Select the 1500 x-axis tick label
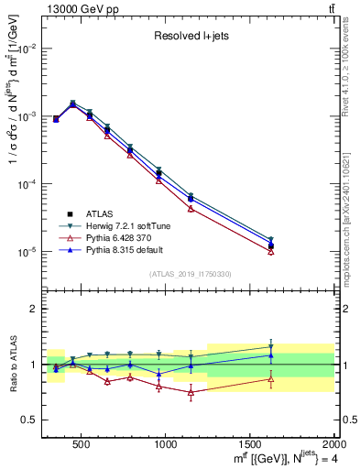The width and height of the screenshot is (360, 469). [249, 444]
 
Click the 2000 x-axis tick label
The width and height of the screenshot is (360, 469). [333, 444]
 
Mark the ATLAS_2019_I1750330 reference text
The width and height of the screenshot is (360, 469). [191, 274]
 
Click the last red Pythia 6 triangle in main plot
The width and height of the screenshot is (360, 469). [270, 251]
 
